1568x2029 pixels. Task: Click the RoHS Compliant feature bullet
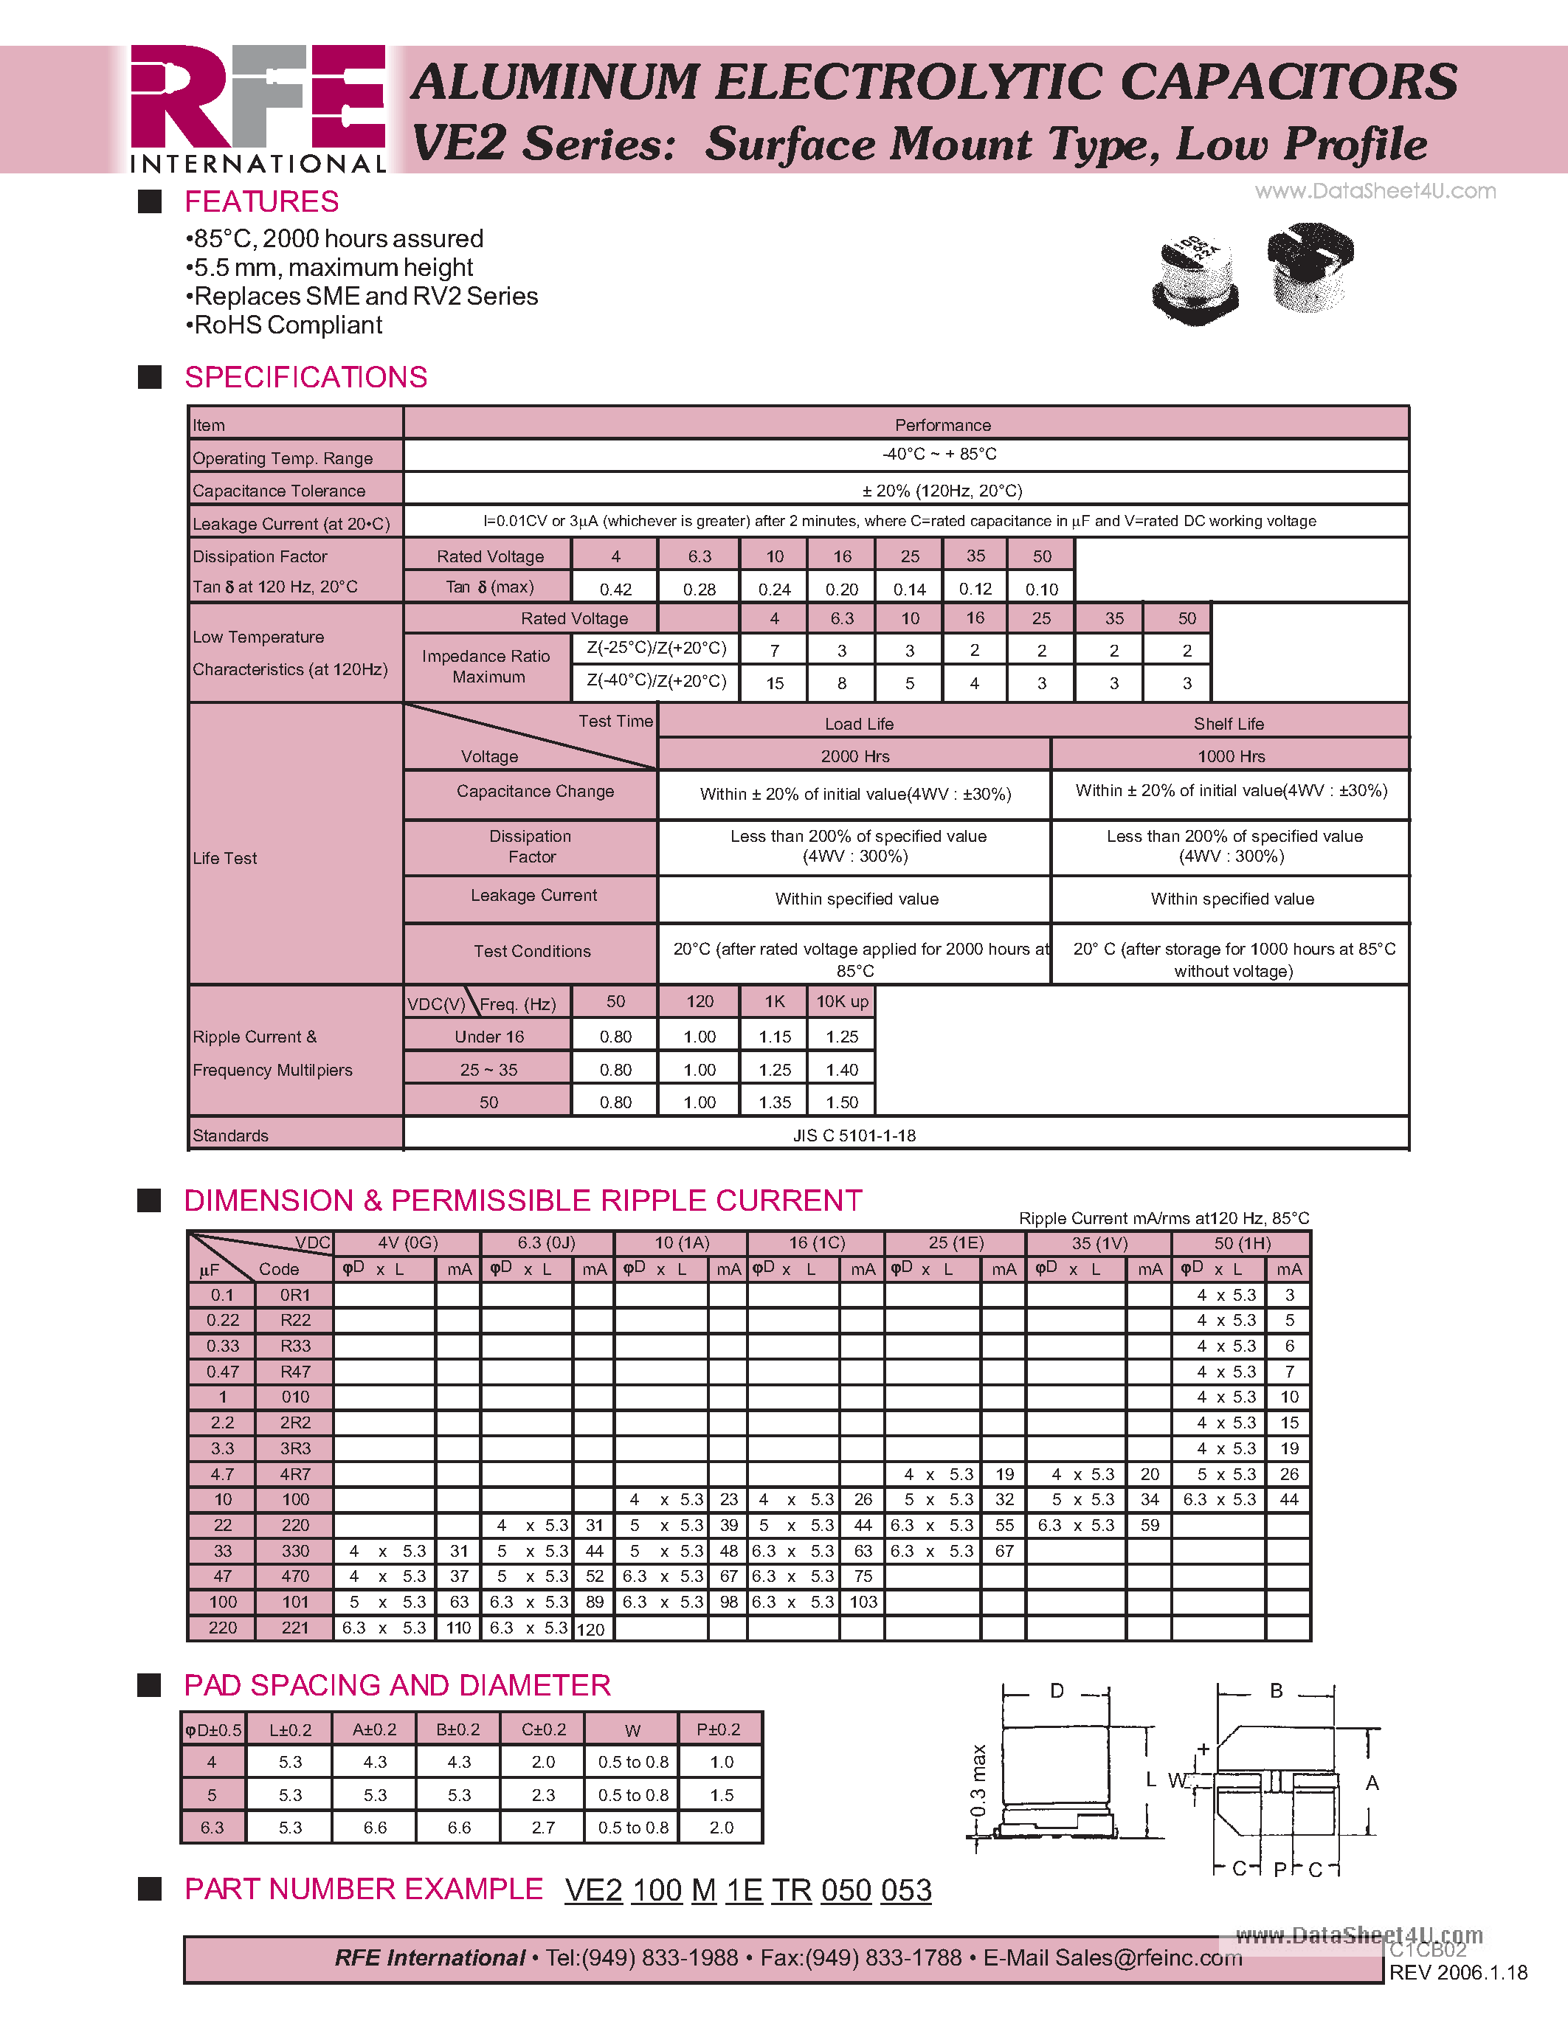coord(284,325)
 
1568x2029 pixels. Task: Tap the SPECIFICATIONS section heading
coord(305,377)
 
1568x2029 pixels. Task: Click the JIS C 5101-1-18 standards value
coord(854,1136)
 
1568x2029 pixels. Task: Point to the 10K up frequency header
coord(842,1001)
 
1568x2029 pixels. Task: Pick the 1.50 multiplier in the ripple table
coord(842,1102)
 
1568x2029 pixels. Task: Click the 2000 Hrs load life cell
coord(854,756)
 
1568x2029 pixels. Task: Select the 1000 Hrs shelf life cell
coord(1231,756)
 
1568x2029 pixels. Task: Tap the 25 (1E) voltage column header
coord(956,1243)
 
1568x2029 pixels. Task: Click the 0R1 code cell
coord(295,1295)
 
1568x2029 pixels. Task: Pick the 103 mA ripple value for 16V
coord(863,1602)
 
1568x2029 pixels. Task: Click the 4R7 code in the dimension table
coord(295,1474)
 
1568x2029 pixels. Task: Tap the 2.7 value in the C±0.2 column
coord(543,1828)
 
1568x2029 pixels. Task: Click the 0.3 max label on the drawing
coord(977,1781)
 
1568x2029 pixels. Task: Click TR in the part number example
coord(792,1890)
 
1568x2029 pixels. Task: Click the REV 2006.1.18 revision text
coord(1457,1973)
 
